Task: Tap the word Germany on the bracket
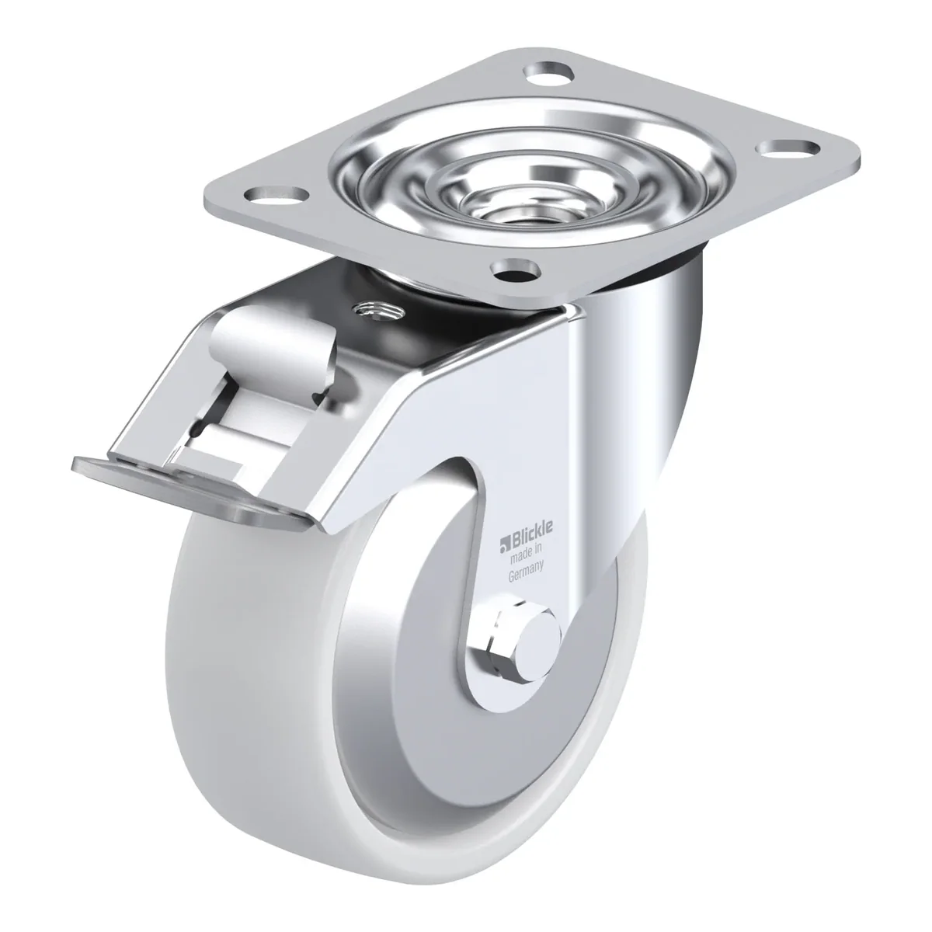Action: tap(527, 570)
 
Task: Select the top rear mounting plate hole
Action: tap(549, 74)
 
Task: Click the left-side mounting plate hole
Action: tap(276, 196)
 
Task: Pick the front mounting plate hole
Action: tap(513, 269)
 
